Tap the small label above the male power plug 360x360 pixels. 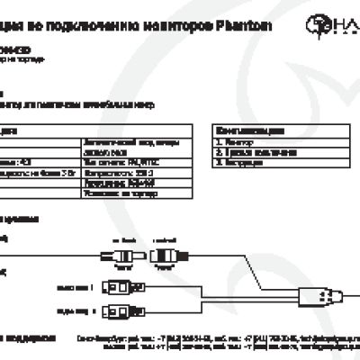coord(121,240)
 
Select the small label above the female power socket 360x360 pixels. coord(163,240)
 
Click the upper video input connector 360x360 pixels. coord(120,288)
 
